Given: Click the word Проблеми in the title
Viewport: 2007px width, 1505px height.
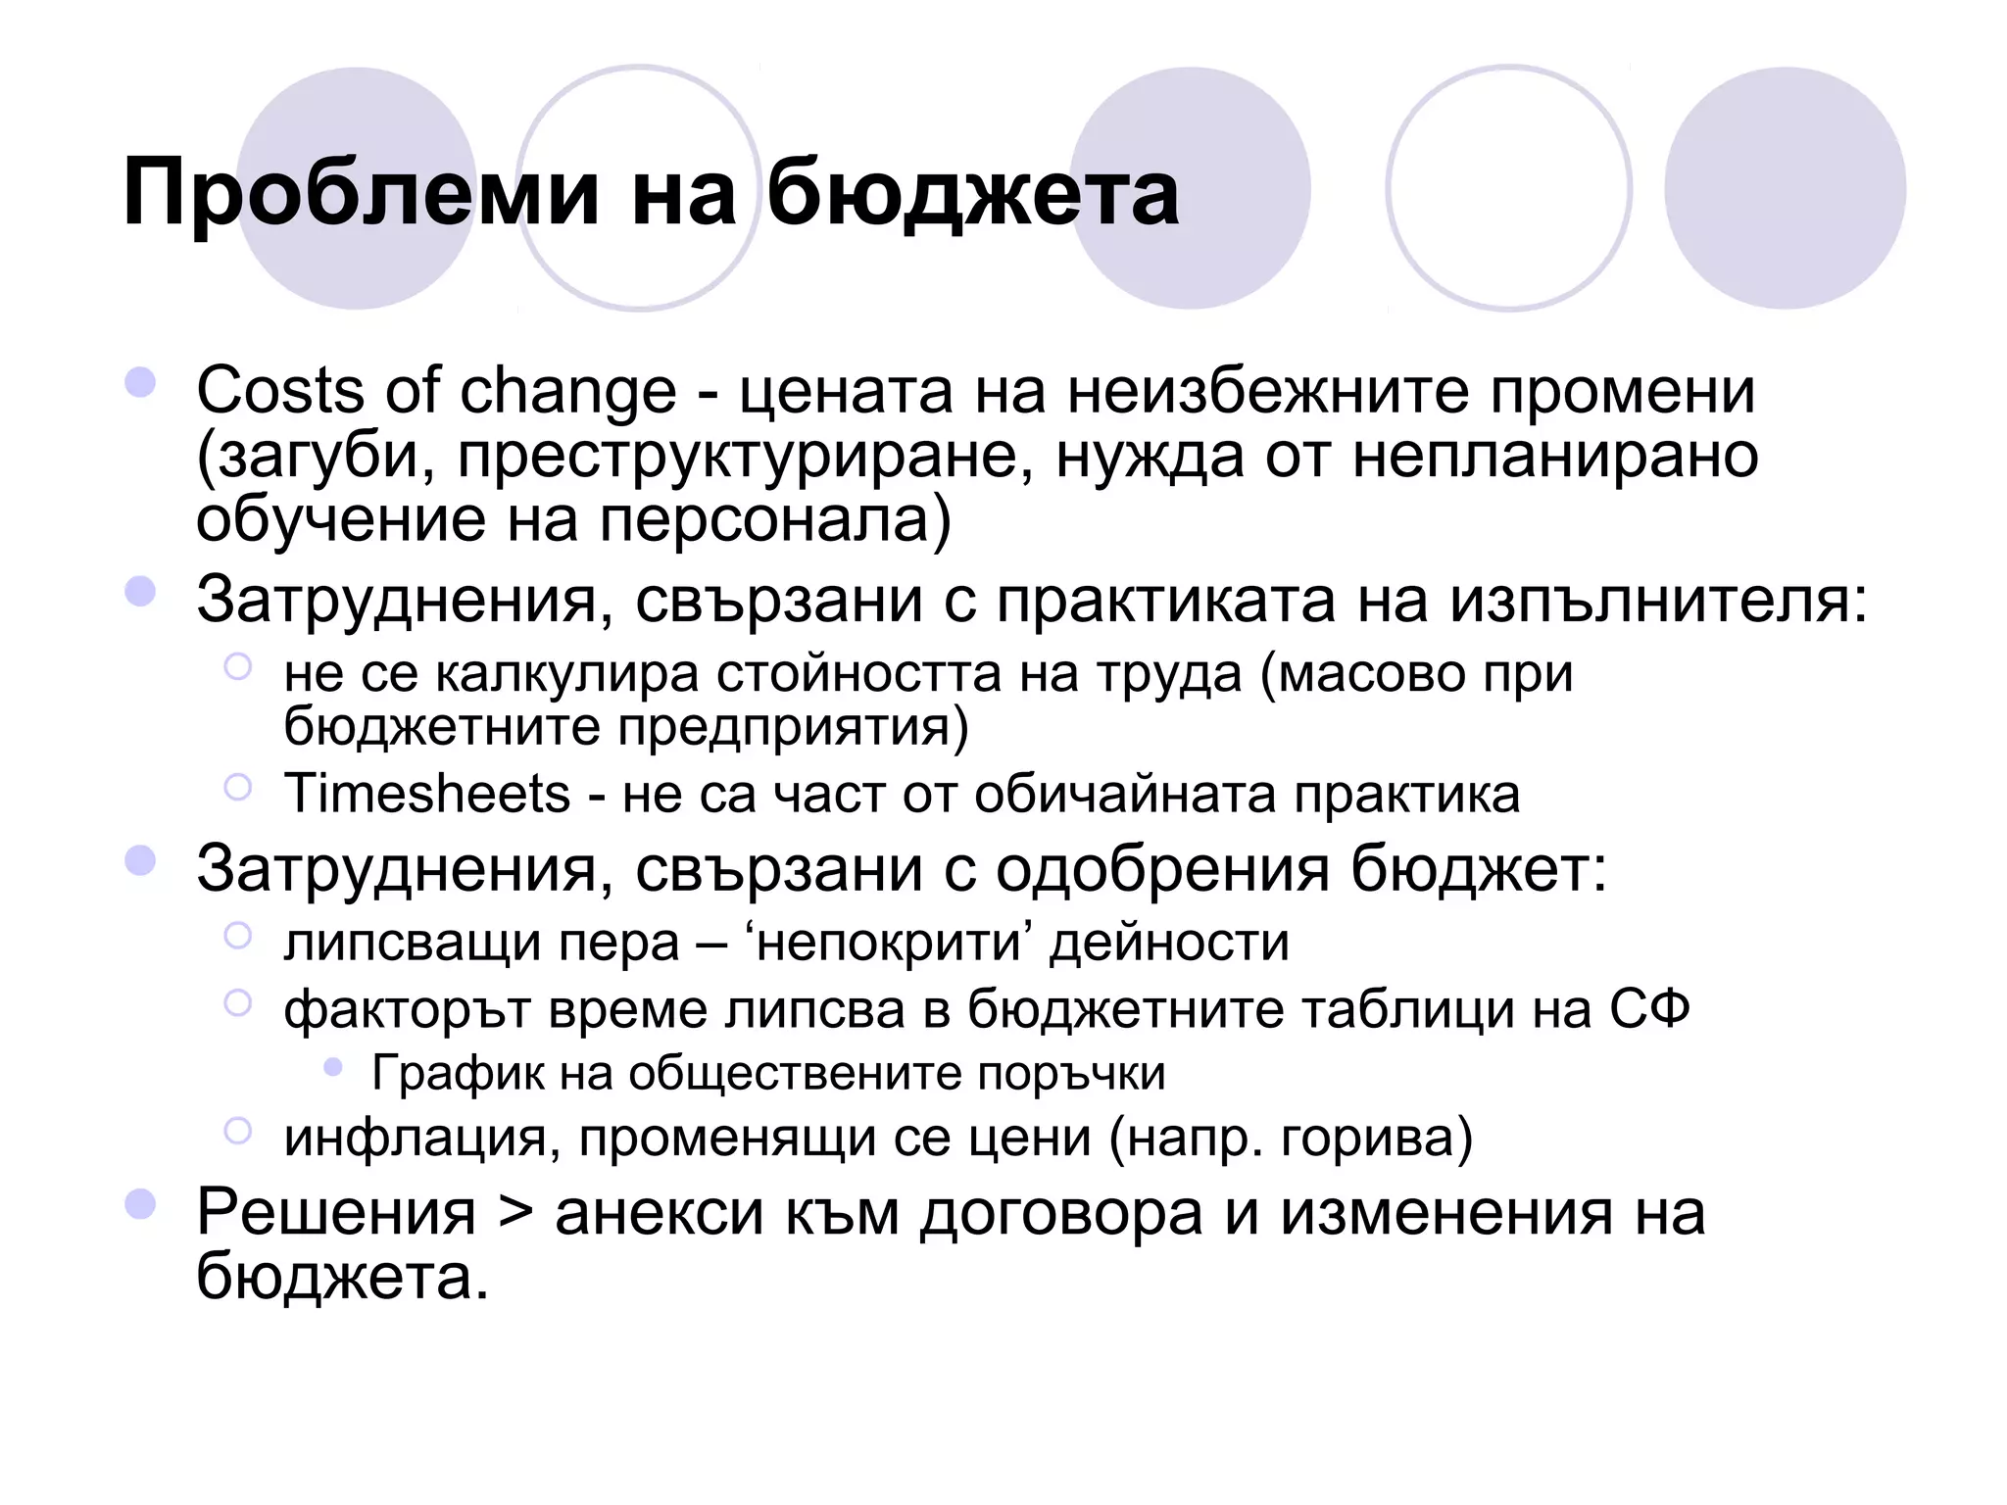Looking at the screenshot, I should (x=361, y=194).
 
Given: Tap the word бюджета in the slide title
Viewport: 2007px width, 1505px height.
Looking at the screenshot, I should (x=972, y=194).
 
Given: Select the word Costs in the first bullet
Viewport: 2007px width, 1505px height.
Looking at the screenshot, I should (x=280, y=391).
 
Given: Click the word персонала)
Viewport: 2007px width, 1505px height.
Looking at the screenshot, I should (x=775, y=520).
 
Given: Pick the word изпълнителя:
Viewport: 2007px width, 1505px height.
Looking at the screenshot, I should (x=1658, y=600).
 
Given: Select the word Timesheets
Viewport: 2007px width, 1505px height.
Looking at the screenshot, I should (x=427, y=793).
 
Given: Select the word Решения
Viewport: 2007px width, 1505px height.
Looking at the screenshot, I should (x=336, y=1213).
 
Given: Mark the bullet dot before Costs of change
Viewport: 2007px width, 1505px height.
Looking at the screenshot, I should (x=141, y=382).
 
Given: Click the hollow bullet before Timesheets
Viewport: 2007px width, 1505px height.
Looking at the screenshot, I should (x=238, y=787).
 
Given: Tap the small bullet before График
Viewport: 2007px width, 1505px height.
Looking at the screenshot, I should (x=333, y=1068).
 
